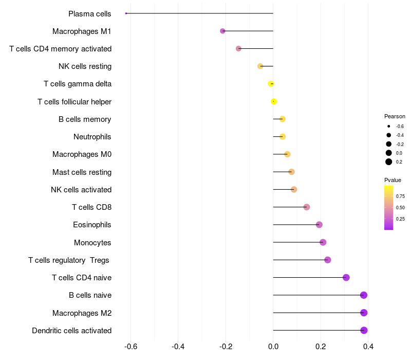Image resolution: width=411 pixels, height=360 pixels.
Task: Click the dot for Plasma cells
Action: [x=126, y=13]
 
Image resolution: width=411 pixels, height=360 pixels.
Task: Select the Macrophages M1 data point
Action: [x=222, y=31]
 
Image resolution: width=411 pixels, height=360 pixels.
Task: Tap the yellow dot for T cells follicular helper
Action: [x=274, y=101]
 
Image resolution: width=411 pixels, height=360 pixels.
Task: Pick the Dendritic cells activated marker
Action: [x=364, y=330]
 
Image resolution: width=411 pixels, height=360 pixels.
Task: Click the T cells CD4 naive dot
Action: [x=346, y=278]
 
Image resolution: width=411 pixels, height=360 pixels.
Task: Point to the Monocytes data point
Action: [x=323, y=242]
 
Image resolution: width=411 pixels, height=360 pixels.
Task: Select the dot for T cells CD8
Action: [x=307, y=207]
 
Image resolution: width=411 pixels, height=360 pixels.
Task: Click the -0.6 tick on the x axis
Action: [x=130, y=347]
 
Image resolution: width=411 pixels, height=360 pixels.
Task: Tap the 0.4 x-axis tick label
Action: [x=368, y=347]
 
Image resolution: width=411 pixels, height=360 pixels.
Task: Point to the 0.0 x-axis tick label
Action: [x=273, y=347]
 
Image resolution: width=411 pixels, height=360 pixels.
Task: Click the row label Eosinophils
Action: [x=92, y=225]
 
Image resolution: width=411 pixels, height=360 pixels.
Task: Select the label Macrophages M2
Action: [x=82, y=313]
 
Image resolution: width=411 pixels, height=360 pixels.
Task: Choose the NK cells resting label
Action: [x=85, y=66]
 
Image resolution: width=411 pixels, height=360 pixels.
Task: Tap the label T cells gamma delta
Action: [x=78, y=84]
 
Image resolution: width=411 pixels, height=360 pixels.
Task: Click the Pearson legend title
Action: [x=395, y=116]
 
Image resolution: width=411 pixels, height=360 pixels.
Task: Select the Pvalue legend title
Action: [x=393, y=180]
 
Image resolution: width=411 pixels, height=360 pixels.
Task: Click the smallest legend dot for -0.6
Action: [x=389, y=126]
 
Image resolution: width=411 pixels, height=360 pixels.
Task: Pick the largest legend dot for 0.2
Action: [x=389, y=162]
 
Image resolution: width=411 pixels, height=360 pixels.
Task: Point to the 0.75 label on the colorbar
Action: [x=400, y=196]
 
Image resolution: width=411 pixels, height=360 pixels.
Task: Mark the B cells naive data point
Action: [x=364, y=295]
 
